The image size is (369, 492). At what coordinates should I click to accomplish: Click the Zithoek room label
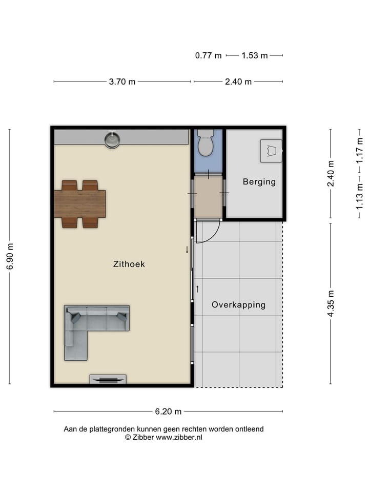pos(129,264)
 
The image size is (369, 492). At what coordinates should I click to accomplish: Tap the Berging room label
pos(259,181)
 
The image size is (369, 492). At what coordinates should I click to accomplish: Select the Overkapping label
pos(238,305)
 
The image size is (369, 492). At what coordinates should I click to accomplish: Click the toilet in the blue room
pos(205,143)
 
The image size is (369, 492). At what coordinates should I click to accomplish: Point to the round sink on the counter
pos(112,139)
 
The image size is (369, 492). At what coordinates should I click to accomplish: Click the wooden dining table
pos(80,203)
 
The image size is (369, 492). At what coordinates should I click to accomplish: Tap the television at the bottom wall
pos(108,379)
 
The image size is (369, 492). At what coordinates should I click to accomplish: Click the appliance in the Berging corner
pos(271,151)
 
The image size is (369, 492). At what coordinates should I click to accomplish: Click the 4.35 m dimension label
pos(331,303)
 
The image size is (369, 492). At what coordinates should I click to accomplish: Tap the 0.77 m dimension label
pos(208,55)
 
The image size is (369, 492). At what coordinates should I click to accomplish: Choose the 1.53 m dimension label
pos(255,55)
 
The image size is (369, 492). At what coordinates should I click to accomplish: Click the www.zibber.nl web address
pos(179,438)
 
